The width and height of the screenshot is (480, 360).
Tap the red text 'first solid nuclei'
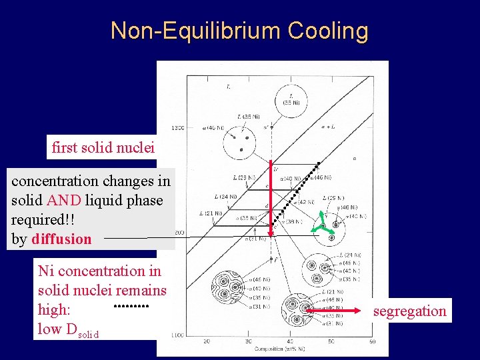click(103, 147)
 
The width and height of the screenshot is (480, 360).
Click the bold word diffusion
click(61, 239)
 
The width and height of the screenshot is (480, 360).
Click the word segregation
click(409, 311)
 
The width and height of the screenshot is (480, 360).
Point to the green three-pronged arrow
click(323, 223)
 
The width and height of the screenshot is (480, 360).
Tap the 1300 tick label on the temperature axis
click(177, 127)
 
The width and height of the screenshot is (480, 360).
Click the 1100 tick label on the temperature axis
click(177, 335)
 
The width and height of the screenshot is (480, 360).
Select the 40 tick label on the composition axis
click(289, 341)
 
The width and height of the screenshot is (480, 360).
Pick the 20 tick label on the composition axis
click(206, 341)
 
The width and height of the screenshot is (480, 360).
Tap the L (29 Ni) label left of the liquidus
click(245, 178)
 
